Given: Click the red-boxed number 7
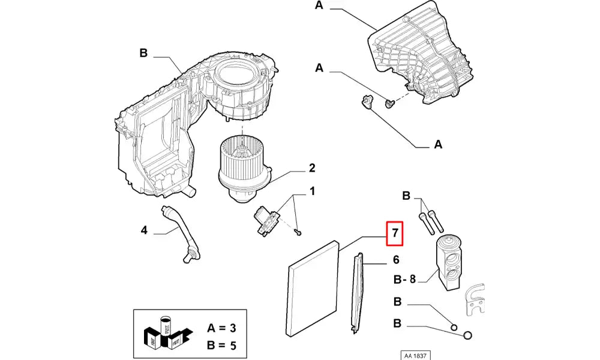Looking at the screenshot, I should [395, 233].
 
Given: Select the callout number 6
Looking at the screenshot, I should [395, 260].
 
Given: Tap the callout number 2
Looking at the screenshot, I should [312, 168].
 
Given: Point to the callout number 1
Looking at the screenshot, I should [312, 192].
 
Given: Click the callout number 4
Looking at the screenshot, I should [144, 230].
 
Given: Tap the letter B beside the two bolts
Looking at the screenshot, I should [406, 196].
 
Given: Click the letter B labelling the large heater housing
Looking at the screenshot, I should [143, 53].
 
